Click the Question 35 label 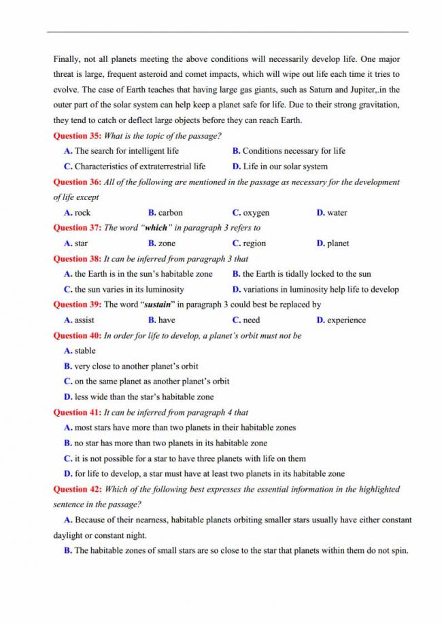tap(77, 136)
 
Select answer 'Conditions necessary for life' tap(293, 151)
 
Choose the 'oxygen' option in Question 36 tap(256, 213)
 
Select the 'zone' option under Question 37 tap(167, 243)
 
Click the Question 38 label tap(77, 258)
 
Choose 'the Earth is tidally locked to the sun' tap(306, 274)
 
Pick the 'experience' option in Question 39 tap(346, 320)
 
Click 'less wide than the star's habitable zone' tap(143, 397)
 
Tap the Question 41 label tap(77, 412)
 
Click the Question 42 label tap(77, 489)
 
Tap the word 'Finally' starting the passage tap(68, 59)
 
